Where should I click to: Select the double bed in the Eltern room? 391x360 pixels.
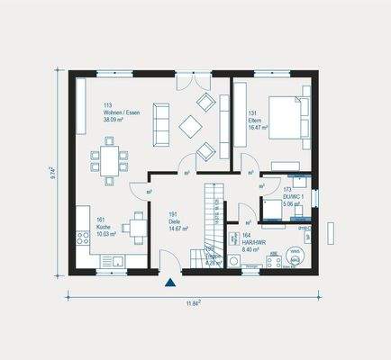pyautogui.click(x=287, y=118)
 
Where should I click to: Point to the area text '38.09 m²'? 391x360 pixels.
pyautogui.click(x=118, y=119)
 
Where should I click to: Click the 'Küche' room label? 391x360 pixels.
pyautogui.click(x=104, y=227)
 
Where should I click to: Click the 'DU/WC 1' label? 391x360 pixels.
pyautogui.click(x=295, y=198)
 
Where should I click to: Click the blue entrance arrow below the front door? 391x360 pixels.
pyautogui.click(x=169, y=283)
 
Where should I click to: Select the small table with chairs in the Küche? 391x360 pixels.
pyautogui.click(x=136, y=225)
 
